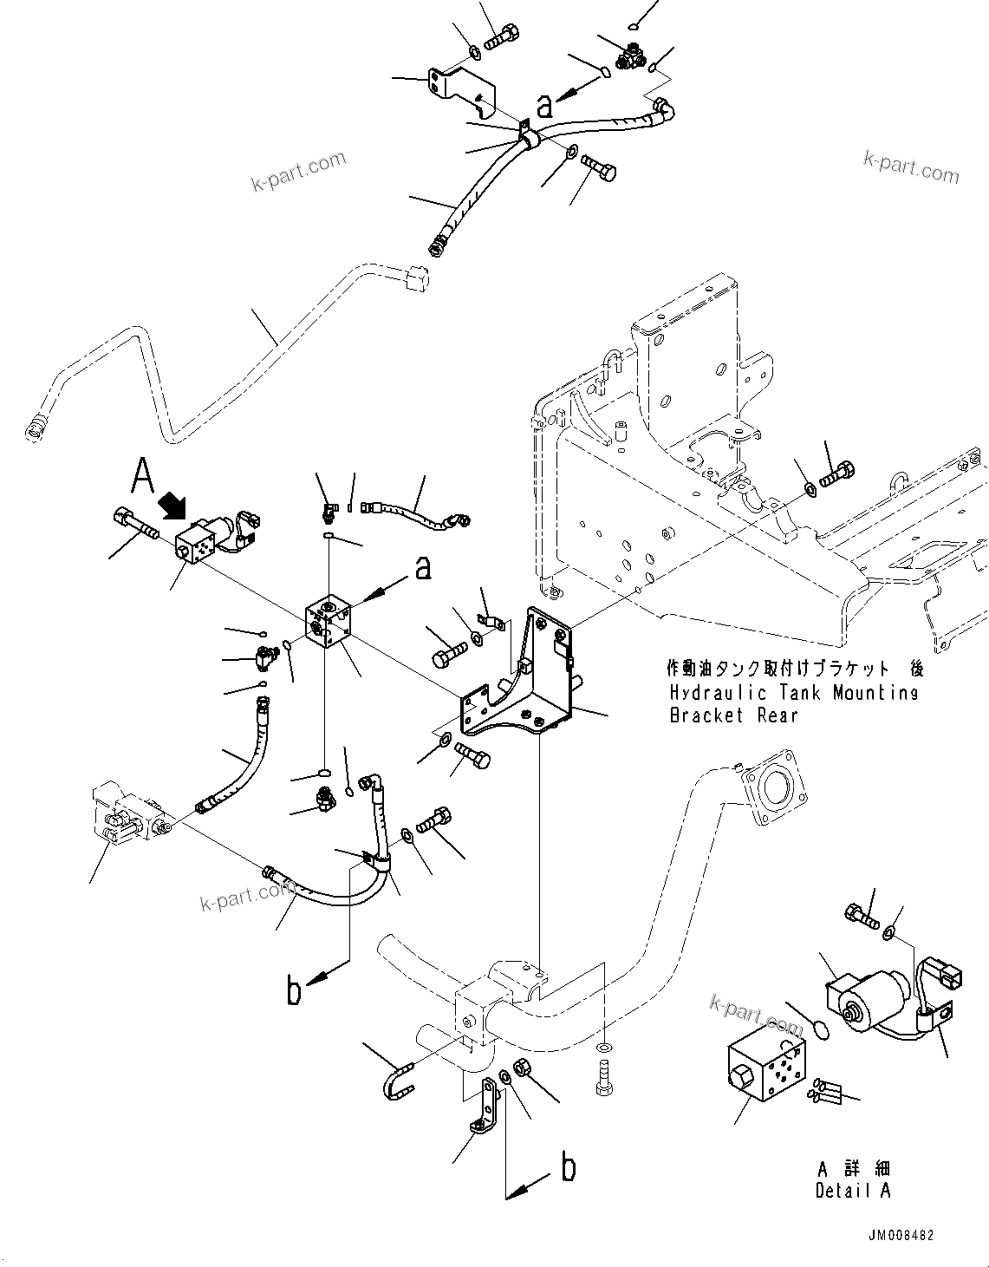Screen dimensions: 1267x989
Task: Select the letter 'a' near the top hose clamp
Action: pos(544,106)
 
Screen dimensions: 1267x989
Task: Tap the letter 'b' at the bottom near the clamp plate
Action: pos(569,1168)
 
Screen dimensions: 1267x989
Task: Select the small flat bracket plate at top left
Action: pos(455,88)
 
